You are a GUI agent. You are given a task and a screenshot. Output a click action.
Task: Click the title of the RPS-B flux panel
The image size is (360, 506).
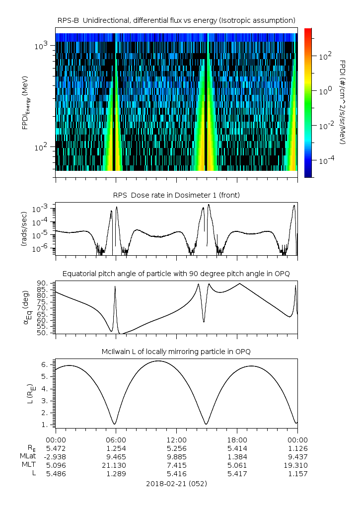pos(176,20)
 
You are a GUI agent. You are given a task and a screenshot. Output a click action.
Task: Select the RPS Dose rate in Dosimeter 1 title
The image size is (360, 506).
pos(176,195)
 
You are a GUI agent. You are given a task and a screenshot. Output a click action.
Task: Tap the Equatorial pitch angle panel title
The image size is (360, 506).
pos(176,274)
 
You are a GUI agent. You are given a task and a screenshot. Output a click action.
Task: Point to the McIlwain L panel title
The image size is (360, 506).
pos(176,352)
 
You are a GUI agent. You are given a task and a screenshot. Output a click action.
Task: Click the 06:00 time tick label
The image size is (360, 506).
pos(116,440)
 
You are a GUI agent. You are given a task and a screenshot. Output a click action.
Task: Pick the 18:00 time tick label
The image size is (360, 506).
pos(237,440)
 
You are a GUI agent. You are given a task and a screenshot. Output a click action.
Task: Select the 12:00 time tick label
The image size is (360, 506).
pos(176,440)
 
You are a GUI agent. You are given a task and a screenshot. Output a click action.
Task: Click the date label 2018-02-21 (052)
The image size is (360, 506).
pos(176,483)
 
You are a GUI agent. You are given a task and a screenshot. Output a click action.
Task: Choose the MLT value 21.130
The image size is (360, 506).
pos(116,465)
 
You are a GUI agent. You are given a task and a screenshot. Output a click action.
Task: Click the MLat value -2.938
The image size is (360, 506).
pos(56,456)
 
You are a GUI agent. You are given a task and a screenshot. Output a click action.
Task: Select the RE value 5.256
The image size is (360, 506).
pos(176,448)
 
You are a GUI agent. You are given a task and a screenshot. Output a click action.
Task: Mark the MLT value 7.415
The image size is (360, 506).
pos(176,465)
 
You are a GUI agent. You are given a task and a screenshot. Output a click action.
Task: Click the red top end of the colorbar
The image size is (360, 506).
pos(308,31)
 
